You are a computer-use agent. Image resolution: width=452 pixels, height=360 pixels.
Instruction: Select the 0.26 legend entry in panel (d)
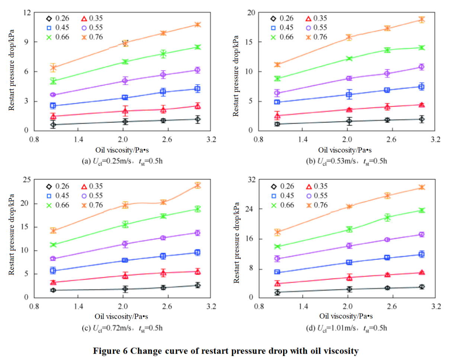tap(282, 186)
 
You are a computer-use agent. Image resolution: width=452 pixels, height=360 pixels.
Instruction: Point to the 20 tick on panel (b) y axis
tap(251, 13)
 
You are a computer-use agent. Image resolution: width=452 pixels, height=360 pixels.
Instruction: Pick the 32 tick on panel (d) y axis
tap(251, 180)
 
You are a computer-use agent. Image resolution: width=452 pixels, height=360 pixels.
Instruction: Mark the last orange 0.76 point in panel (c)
tap(198, 185)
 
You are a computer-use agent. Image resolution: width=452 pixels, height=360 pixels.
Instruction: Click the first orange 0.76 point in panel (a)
tap(53, 67)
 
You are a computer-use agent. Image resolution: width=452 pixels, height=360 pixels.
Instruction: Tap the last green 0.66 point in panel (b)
tap(421, 48)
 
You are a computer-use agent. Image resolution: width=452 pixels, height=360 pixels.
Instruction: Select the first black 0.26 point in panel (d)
tap(277, 293)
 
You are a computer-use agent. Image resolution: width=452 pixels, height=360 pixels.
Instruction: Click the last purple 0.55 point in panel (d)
tap(421, 234)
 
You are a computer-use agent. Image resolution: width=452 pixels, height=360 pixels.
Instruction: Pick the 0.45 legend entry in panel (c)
tap(58, 195)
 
